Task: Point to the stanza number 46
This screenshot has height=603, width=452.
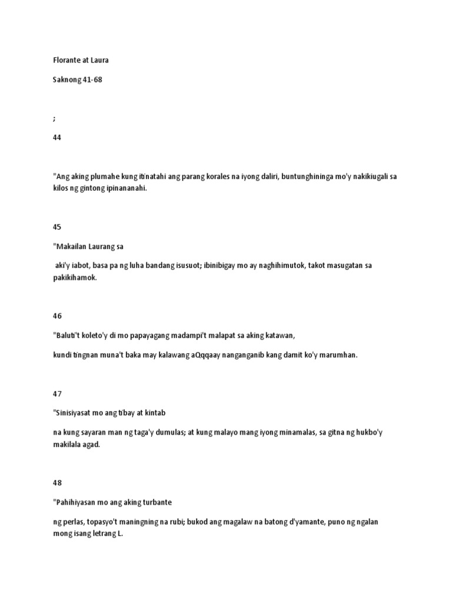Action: (x=57, y=316)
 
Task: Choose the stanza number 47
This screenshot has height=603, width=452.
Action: (x=57, y=393)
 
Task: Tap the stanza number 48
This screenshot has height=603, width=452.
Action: (x=57, y=483)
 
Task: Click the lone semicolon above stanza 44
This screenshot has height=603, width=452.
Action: (x=54, y=118)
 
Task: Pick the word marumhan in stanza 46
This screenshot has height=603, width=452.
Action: (x=337, y=356)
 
